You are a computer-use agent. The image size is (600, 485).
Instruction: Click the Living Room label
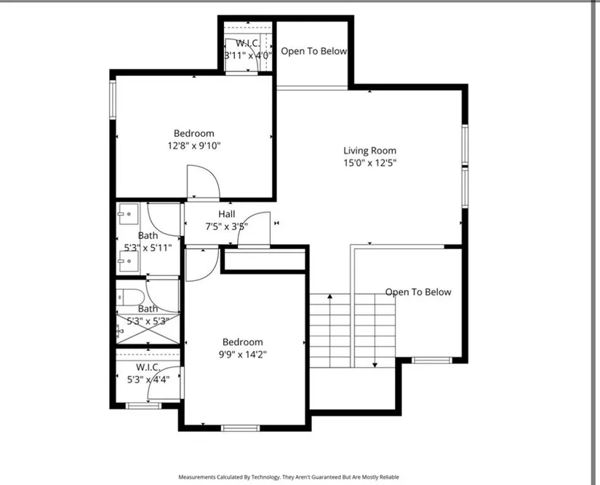coord(369,151)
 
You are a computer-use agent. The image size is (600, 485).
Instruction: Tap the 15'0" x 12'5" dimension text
coord(369,163)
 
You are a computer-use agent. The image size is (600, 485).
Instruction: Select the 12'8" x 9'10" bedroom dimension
coord(194,146)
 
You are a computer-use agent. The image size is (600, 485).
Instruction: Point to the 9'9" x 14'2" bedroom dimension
coord(243,355)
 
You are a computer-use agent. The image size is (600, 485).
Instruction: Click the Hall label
coord(226,214)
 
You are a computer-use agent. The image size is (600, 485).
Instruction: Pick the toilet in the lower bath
coord(130,296)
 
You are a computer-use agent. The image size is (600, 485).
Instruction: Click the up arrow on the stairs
coord(330,330)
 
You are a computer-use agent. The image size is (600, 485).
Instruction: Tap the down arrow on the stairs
coord(375,330)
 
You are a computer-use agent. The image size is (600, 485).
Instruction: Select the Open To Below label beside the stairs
coord(418,292)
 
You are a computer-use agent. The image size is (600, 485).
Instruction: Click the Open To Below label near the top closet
coord(313,51)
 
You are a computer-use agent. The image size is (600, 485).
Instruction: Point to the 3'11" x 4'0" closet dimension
coord(248,55)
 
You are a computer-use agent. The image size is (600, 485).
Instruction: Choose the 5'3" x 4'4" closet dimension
coord(148,379)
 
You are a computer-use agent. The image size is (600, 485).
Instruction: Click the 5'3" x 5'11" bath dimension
coord(148,248)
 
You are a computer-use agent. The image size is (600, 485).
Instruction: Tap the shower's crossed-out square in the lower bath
coord(148,328)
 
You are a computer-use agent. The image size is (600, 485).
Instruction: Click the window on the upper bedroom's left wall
coord(113,100)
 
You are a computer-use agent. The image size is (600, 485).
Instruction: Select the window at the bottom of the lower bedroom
coord(241,428)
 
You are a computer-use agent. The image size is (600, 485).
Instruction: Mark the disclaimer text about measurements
coord(289,477)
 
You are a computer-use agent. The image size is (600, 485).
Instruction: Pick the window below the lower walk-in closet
coord(143,406)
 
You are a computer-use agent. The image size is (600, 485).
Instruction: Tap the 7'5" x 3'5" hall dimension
coord(226,226)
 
